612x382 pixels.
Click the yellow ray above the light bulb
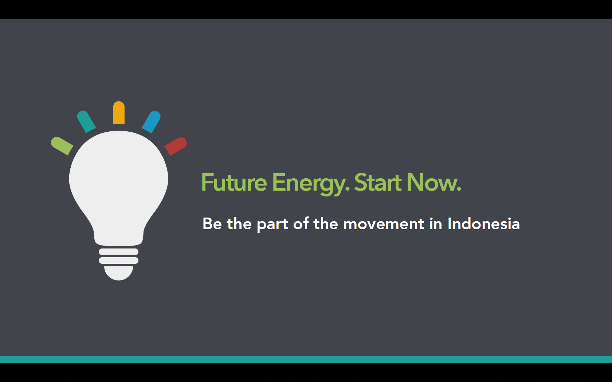click(x=119, y=113)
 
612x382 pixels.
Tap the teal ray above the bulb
click(x=86, y=122)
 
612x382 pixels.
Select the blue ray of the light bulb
click(x=151, y=122)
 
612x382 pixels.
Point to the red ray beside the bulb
click(x=176, y=146)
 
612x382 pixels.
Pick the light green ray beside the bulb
click(x=62, y=146)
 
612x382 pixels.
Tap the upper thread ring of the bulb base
click(x=119, y=252)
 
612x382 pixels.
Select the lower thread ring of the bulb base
click(x=119, y=260)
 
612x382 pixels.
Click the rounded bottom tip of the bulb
click(x=119, y=273)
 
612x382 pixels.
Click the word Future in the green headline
click(x=234, y=182)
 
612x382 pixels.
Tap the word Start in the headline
click(x=378, y=182)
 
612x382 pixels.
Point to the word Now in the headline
click(x=434, y=182)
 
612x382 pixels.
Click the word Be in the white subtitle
click(x=212, y=224)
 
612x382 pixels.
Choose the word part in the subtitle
click(x=272, y=225)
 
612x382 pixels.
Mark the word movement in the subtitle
click(x=384, y=224)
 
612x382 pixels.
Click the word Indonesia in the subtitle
click(x=484, y=224)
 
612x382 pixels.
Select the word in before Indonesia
click(x=436, y=224)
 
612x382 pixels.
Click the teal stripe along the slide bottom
click(x=306, y=359)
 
